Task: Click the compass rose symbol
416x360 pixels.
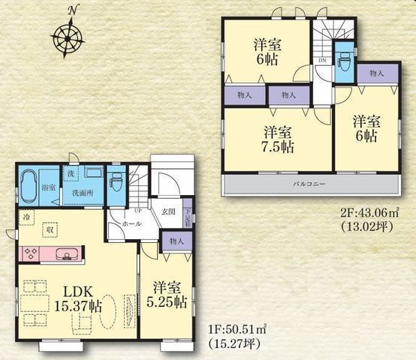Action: click(69, 35)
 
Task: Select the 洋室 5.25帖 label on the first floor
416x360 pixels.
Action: click(167, 295)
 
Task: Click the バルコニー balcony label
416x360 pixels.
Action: click(308, 184)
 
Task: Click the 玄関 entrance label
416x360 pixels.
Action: click(168, 212)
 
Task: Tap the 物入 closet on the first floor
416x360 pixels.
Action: click(176, 241)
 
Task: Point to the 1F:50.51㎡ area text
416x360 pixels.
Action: click(235, 327)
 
